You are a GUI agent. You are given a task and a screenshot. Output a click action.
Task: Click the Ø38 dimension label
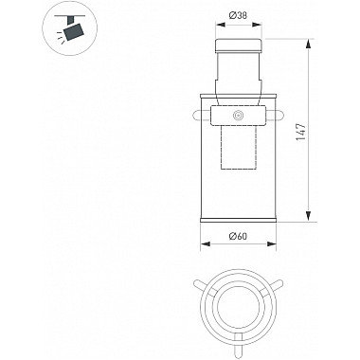[x=239, y=15]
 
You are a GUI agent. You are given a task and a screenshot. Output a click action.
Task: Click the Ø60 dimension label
[x=239, y=236]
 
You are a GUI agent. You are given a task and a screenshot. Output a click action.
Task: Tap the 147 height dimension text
[x=301, y=132]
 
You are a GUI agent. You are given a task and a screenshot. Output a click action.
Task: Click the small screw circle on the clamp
[x=238, y=116]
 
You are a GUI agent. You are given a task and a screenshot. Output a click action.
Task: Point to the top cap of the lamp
[x=239, y=45]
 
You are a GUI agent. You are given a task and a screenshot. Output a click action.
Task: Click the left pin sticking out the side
[x=199, y=115]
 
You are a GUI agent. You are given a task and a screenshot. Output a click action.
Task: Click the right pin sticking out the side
[x=276, y=116]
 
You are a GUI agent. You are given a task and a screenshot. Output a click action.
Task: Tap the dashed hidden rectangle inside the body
[x=239, y=147]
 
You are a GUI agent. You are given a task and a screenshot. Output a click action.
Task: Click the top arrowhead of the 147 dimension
[x=309, y=45]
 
